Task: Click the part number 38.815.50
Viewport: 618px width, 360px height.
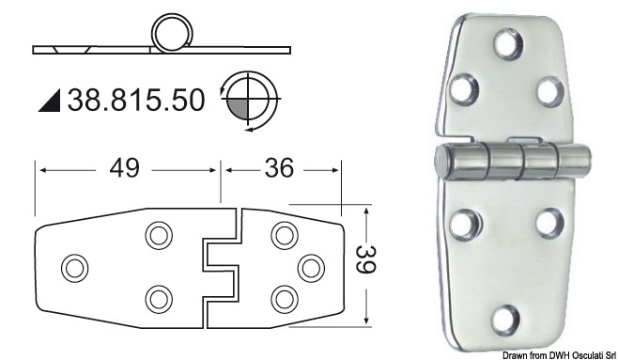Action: point(136,100)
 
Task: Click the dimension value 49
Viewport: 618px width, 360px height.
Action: point(124,168)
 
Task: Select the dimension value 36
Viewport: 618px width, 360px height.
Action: point(279,167)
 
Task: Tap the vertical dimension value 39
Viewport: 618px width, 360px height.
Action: point(365,259)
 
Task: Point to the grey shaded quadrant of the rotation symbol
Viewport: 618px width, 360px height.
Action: point(239,108)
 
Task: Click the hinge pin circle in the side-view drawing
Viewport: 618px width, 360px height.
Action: point(172,32)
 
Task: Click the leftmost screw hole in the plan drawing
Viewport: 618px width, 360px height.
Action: point(75,268)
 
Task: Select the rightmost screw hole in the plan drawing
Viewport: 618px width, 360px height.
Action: point(311,268)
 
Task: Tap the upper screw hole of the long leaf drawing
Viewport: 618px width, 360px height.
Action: point(159,236)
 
